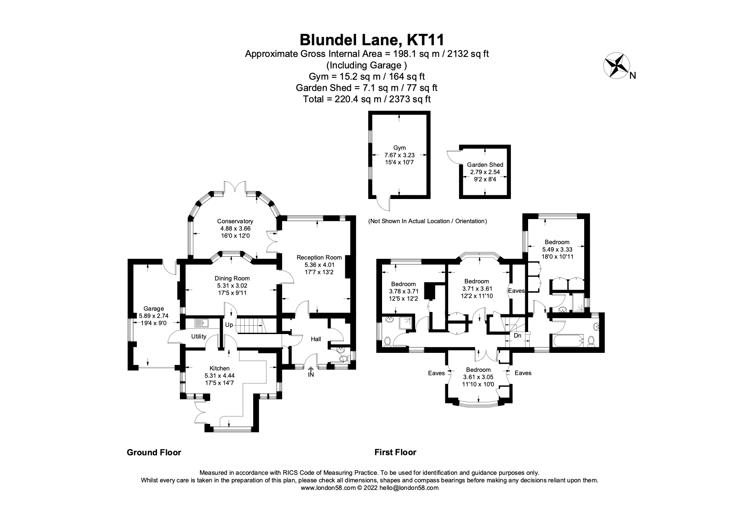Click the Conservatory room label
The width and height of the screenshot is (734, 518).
(235, 222)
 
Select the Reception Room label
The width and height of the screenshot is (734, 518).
(319, 258)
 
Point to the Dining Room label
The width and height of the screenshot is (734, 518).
(232, 278)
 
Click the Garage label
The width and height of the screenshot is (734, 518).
(154, 309)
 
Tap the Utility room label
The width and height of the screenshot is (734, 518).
(199, 337)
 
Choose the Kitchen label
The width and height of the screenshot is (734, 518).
(220, 368)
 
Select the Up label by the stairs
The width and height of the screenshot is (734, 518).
(229, 325)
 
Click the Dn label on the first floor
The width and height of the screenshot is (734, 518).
(517, 335)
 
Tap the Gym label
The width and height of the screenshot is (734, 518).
(400, 148)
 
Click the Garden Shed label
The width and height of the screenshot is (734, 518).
(485, 165)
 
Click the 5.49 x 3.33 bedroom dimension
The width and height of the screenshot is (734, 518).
(557, 249)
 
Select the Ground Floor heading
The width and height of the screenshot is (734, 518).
(154, 452)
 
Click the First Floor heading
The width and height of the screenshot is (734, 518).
(395, 452)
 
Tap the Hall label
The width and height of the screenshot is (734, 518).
(316, 339)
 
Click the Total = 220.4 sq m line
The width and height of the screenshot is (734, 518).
(367, 99)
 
